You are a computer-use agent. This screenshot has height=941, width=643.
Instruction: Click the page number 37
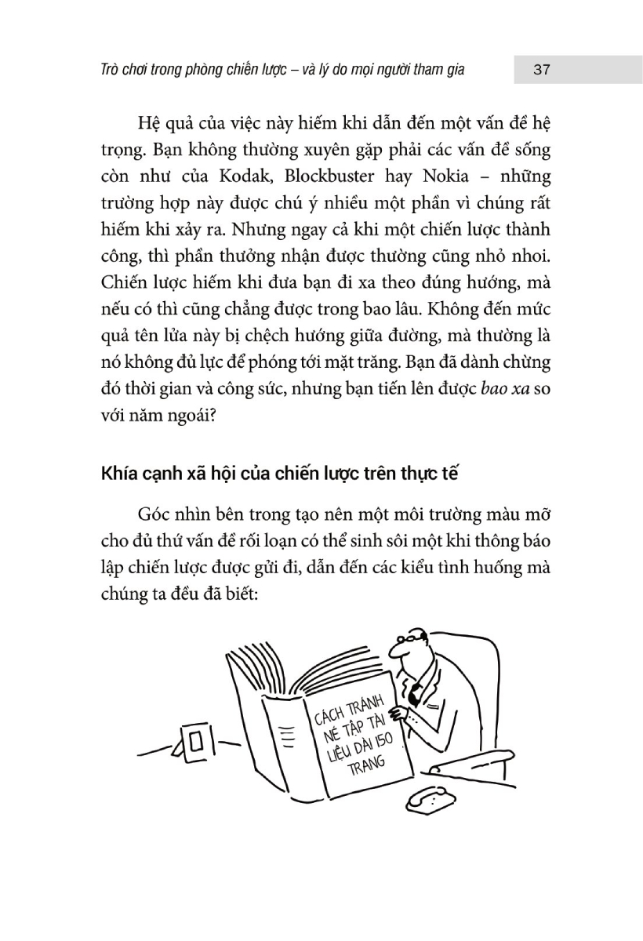541,70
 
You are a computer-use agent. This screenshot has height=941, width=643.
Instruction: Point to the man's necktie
417,691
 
